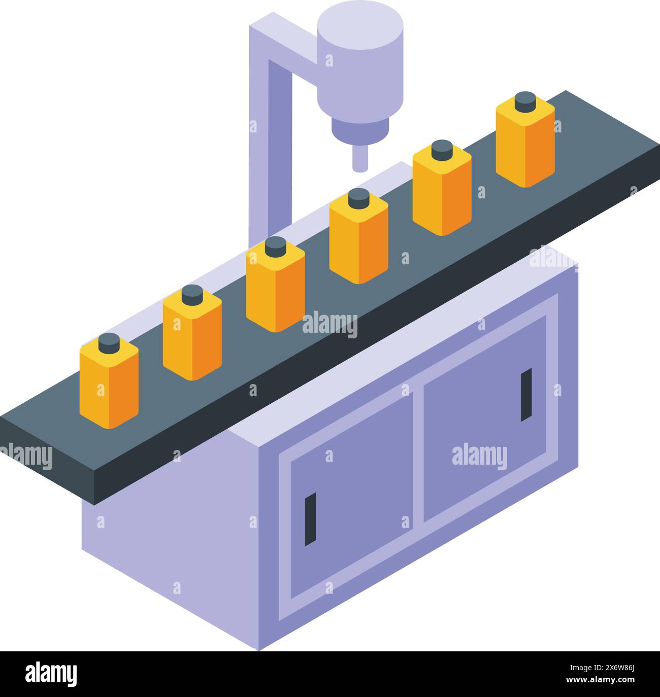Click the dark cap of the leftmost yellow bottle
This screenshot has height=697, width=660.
[x=109, y=343]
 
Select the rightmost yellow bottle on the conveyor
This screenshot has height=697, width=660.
[x=525, y=142]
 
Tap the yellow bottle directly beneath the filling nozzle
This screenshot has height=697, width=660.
[x=358, y=238]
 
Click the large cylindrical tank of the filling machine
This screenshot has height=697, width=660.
[x=360, y=61]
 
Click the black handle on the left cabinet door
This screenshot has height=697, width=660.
[x=310, y=519]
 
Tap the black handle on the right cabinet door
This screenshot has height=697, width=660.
[x=526, y=395]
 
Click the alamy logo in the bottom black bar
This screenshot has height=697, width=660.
[x=51, y=674]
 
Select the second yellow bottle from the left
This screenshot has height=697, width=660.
[x=192, y=335]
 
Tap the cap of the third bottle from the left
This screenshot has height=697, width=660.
[x=276, y=246]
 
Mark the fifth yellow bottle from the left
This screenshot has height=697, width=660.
[x=442, y=190]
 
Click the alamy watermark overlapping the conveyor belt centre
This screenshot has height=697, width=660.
[x=330, y=325]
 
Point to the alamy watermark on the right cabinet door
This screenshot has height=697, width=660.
[x=479, y=456]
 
